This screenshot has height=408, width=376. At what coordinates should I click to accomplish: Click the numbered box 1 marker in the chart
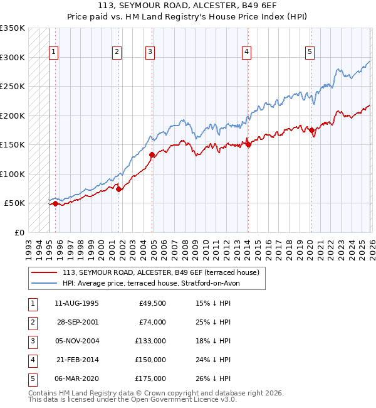55,52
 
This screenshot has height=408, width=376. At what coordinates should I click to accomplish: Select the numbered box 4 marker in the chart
247,52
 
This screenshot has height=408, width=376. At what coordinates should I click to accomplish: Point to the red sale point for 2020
311,130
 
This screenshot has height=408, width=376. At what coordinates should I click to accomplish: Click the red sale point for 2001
119,188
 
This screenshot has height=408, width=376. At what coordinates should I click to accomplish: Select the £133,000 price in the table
150,341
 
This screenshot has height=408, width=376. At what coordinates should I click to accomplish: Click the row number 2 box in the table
32,322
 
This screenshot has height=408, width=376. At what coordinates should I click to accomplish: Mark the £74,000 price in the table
152,322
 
